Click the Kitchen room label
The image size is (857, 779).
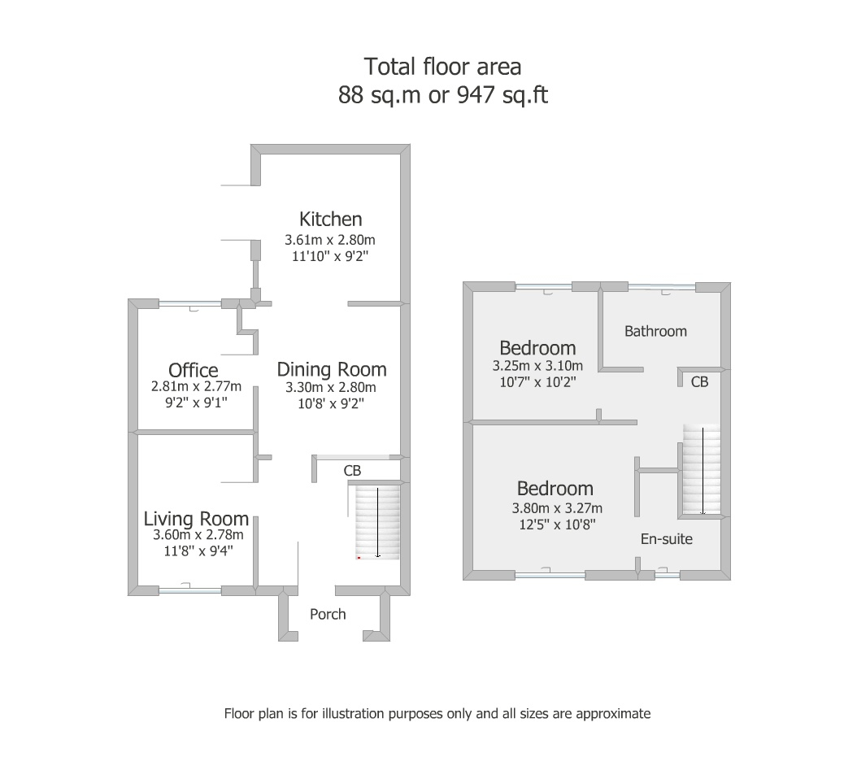[330, 220]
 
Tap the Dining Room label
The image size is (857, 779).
[332, 369]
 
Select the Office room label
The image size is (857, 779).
[193, 370]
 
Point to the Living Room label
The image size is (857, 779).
[196, 519]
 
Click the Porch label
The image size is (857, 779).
[328, 615]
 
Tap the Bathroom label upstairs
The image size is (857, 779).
[655, 331]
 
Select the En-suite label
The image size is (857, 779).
[666, 539]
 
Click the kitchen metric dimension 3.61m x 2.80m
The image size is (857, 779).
[329, 240]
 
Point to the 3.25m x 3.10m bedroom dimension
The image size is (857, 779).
[537, 366]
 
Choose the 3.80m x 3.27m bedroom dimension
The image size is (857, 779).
[557, 508]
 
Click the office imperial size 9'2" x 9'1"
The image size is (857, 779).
[196, 403]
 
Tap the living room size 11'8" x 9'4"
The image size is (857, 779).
[198, 551]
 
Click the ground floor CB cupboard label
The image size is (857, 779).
[353, 471]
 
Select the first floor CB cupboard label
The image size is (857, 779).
[699, 381]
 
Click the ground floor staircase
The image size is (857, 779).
[377, 522]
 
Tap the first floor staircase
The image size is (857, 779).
[702, 469]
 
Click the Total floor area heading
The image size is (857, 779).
[442, 67]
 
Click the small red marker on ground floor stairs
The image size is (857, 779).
[359, 558]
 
